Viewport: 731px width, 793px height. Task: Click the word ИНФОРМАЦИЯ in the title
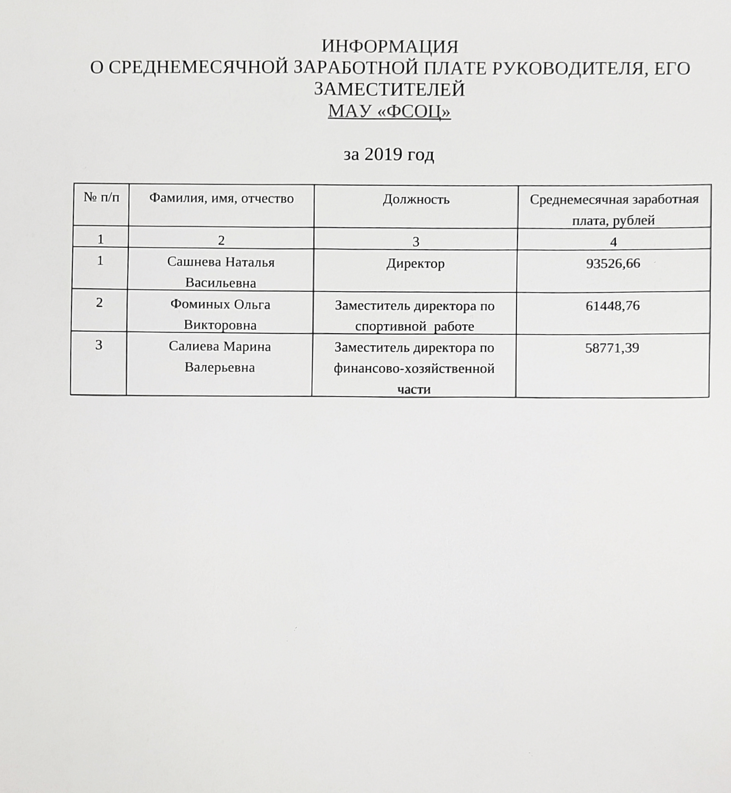click(x=390, y=47)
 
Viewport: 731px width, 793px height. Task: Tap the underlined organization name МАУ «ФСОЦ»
click(x=389, y=111)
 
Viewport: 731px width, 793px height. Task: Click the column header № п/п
click(x=101, y=197)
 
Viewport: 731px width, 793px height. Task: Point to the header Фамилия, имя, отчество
click(x=221, y=198)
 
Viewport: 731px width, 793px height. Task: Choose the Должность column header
click(x=416, y=199)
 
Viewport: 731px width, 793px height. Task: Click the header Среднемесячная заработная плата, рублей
click(x=614, y=210)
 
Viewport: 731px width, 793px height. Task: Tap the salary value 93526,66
click(x=613, y=264)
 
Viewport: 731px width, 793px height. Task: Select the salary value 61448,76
click(x=612, y=306)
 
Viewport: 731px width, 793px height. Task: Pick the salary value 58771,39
click(x=612, y=348)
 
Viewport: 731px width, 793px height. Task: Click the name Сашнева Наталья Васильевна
click(x=221, y=272)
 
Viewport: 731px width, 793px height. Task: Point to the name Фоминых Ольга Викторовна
click(x=220, y=315)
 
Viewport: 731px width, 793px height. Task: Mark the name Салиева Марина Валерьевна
click(x=220, y=357)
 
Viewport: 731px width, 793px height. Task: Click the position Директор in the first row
click(x=415, y=264)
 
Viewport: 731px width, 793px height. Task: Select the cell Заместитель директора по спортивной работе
click(x=415, y=316)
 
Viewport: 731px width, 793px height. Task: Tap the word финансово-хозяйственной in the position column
click(x=414, y=369)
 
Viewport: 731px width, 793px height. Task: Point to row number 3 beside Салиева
click(x=99, y=345)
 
